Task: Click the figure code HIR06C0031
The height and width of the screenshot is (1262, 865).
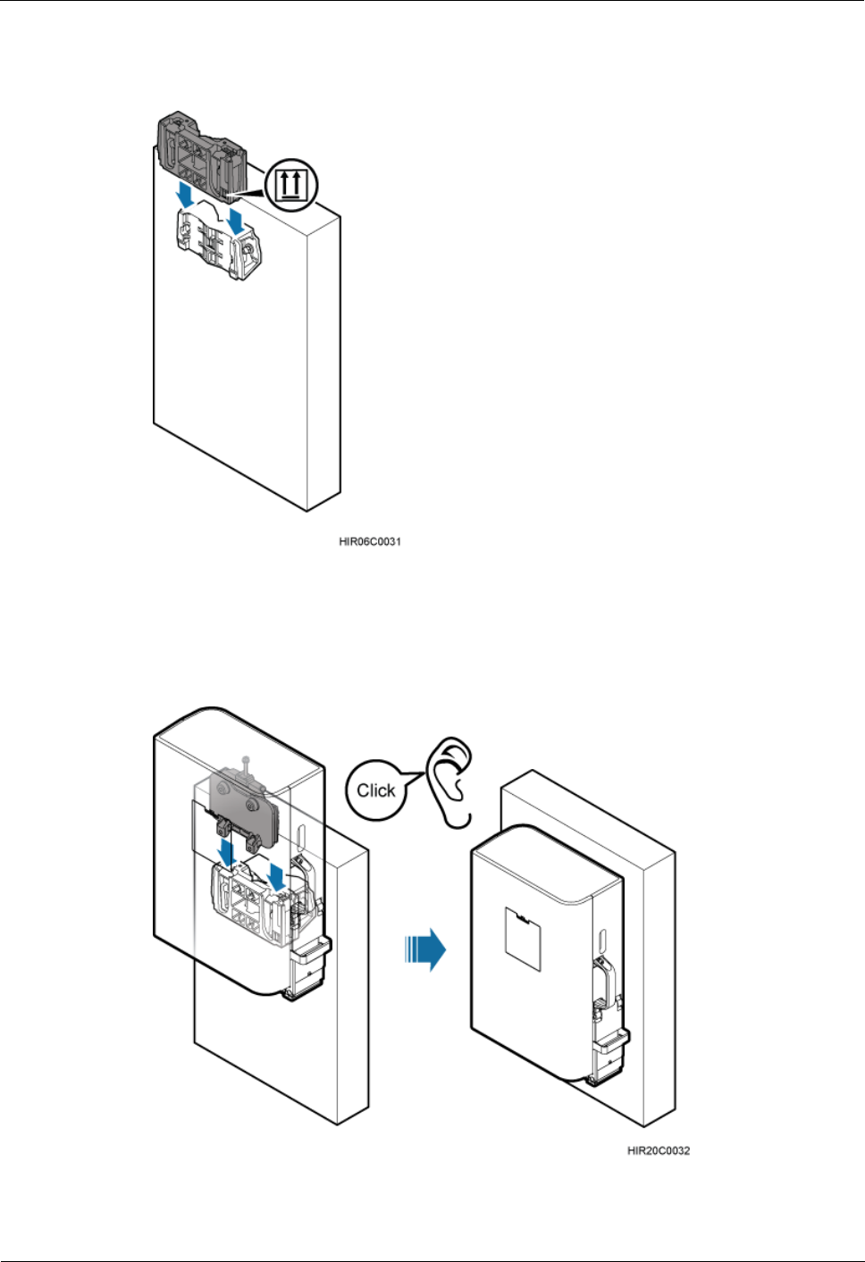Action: tap(370, 541)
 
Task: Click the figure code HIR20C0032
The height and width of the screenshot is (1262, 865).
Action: tap(659, 1150)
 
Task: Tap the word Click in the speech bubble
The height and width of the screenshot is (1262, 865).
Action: tap(375, 790)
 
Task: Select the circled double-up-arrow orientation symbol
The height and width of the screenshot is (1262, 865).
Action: tap(290, 185)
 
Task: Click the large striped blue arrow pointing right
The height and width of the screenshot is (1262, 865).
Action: tap(425, 948)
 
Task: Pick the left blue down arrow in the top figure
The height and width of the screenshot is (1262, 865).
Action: tap(186, 192)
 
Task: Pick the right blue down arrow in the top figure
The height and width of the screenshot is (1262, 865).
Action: tap(236, 221)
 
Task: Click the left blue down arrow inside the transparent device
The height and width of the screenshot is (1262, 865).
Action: tap(227, 849)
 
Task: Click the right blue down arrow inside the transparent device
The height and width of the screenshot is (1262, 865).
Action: tap(278, 874)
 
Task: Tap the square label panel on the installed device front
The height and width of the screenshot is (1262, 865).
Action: tap(524, 938)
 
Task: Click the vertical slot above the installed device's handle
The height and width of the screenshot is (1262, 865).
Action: tap(601, 940)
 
